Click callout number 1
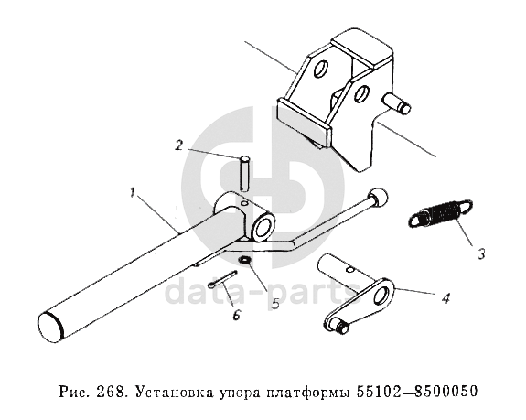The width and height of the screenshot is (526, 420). point(133,193)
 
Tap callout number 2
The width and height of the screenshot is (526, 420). point(178,145)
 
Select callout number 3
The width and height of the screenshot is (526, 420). point(481,254)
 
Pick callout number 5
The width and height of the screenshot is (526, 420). point(275,304)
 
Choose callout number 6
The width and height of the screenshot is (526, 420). point(237,315)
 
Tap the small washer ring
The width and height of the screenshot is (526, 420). point(244,260)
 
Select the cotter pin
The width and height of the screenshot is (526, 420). point(222,279)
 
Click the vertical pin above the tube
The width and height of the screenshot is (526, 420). point(244,174)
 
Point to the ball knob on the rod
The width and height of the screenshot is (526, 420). point(378,196)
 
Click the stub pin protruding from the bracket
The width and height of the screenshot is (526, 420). point(398,103)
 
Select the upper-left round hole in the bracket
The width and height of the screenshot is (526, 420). point(320,69)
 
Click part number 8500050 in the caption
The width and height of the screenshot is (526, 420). point(445,391)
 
